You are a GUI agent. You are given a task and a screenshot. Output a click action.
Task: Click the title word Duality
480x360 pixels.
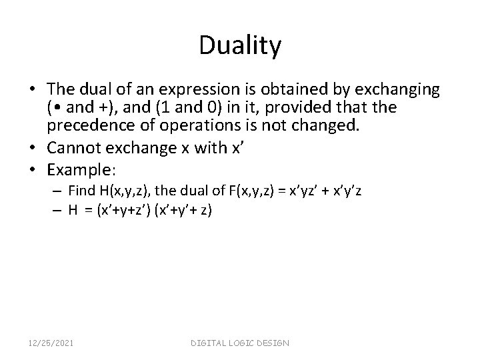[240, 45]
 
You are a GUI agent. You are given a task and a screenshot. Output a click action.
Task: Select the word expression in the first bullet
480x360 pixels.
[224, 89]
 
